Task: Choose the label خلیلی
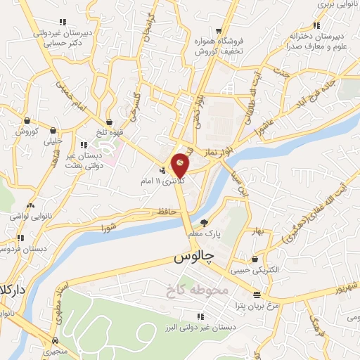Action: [53, 141]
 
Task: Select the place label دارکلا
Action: [13, 290]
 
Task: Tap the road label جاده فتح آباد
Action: [317, 91]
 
